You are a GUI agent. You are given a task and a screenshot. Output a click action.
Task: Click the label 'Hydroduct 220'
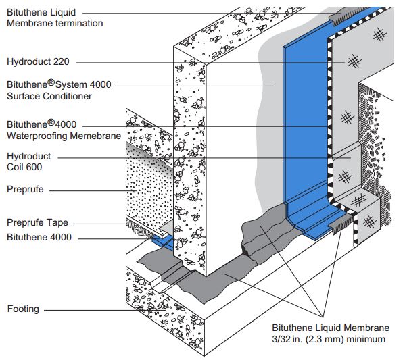[38, 61]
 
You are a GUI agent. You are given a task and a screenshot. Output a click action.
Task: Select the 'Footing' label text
[23, 309]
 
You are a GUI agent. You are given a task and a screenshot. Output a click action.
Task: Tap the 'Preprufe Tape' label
[37, 222]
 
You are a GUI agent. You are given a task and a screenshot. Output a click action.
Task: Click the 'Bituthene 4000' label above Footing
[39, 237]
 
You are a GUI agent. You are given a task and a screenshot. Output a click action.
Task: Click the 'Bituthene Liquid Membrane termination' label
[55, 18]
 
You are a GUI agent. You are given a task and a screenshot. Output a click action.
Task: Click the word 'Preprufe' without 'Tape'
[25, 190]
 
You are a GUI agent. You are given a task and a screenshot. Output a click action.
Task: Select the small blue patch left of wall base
[162, 241]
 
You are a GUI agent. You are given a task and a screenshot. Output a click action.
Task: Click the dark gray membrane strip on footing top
[203, 270]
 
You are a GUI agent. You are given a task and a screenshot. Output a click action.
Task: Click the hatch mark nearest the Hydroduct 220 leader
[353, 62]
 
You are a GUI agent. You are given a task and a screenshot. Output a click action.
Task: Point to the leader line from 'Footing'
[88, 310]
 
